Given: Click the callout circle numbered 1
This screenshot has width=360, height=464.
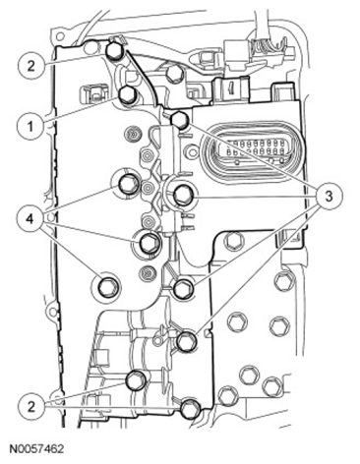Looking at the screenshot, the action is coord(30,126).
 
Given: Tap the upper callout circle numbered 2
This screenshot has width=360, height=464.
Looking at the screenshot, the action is coord(30,66).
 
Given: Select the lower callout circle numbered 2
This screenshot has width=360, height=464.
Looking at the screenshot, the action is coord(30,407).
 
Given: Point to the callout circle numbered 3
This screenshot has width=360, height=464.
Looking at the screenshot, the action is coord(329,197).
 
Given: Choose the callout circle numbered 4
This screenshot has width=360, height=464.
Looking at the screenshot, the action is coord(30,219).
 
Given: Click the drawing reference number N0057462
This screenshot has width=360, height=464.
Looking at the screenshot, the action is coord(36,449).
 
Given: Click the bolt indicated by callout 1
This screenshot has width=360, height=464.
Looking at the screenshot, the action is coord(127,95).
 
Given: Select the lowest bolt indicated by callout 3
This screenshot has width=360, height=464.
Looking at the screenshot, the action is coord(187,341).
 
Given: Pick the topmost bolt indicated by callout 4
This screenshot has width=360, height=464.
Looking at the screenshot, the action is coord(127,185).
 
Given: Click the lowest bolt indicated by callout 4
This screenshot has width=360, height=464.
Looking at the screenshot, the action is coord(108,288).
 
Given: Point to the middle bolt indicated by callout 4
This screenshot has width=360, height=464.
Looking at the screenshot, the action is coord(150,242).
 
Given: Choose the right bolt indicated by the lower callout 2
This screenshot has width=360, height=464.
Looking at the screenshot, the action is coord(191,408).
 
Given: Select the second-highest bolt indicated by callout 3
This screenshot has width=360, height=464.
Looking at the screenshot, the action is coord(182,196).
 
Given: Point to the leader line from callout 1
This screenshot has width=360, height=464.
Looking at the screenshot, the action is coord(81,109).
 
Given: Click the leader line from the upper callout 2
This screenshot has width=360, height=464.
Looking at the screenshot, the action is coord(75,59).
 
